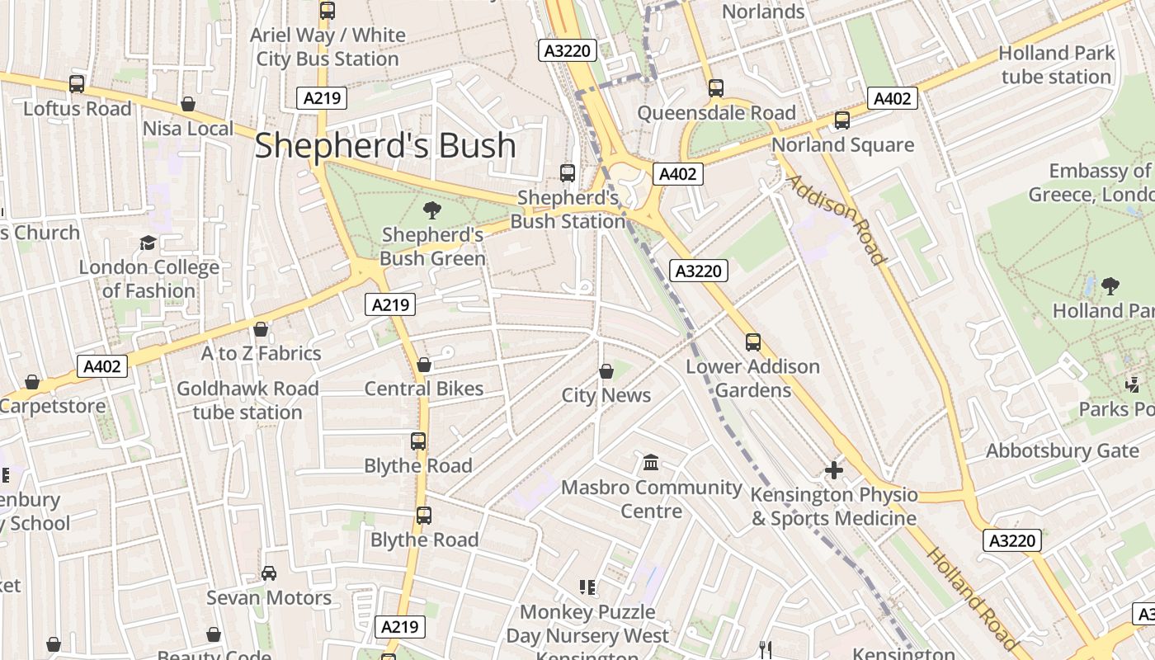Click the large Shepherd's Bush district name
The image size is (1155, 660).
click(x=385, y=146)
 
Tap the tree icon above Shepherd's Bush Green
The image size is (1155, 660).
click(x=431, y=210)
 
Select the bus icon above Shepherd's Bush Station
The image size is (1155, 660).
click(x=568, y=172)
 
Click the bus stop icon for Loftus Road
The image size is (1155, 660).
click(x=77, y=83)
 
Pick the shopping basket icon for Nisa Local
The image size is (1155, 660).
click(x=188, y=104)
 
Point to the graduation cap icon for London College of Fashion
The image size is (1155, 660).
click(x=148, y=243)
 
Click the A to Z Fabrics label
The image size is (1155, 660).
click(x=262, y=353)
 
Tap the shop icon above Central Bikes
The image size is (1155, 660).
click(x=424, y=365)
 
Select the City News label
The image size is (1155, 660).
click(x=606, y=395)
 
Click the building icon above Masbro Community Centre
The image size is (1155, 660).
click(x=651, y=463)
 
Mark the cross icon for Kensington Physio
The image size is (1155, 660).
click(x=834, y=470)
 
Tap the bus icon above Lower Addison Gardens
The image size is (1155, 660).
click(x=752, y=342)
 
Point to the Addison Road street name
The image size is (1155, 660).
click(x=837, y=219)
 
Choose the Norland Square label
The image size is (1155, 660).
click(x=842, y=145)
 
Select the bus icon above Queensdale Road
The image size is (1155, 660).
click(x=715, y=87)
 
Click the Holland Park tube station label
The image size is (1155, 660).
click(x=1056, y=65)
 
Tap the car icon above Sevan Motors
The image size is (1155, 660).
click(x=269, y=573)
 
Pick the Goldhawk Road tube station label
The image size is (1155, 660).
click(x=247, y=400)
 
